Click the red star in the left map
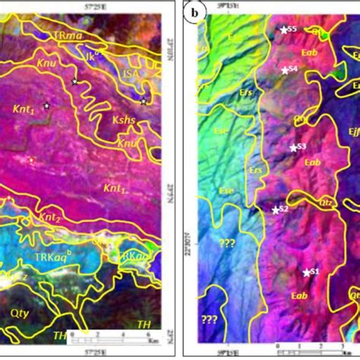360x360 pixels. [x=31, y=160]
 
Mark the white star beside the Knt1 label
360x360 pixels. [x=46, y=106]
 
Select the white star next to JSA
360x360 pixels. [x=144, y=100]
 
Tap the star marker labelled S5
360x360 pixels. [x=283, y=30]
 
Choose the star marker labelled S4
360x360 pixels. [x=284, y=70]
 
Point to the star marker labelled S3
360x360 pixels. [x=293, y=147]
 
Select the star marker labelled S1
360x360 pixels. [x=307, y=272]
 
